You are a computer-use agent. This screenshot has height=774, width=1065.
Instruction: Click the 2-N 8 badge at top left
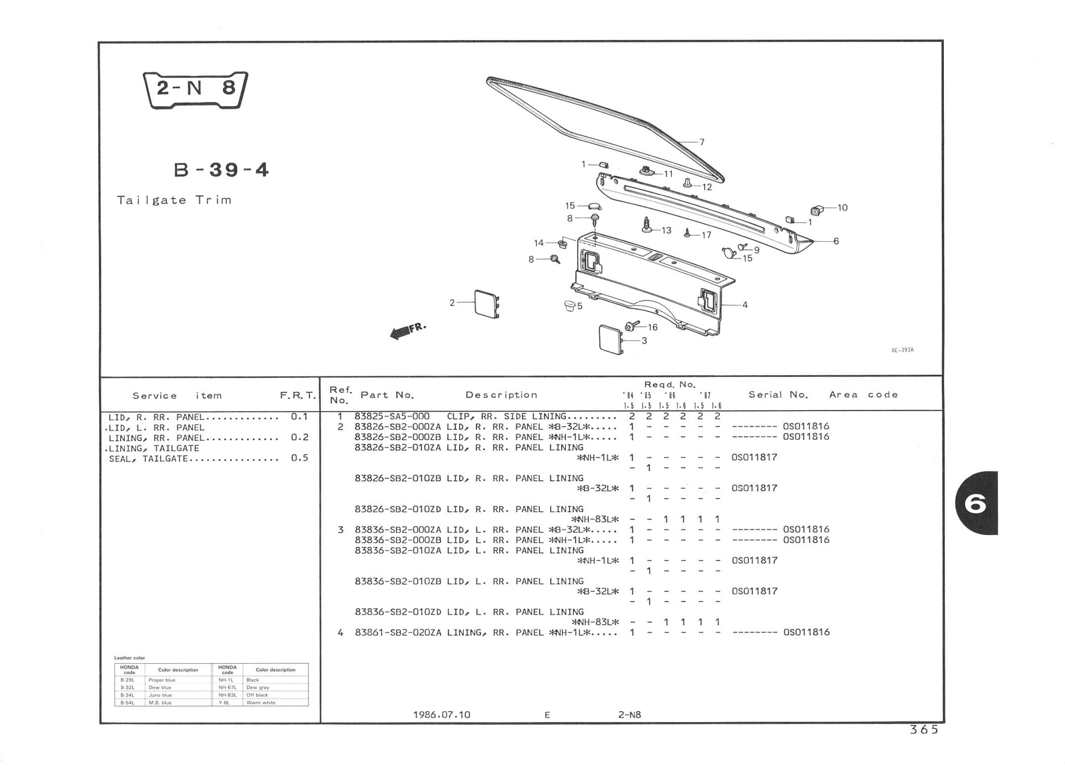(x=195, y=89)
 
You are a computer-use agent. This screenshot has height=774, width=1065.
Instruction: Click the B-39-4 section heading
(x=222, y=170)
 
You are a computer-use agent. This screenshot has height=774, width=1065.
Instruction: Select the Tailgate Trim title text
(x=174, y=200)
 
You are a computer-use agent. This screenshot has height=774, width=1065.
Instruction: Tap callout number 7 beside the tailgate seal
(x=702, y=142)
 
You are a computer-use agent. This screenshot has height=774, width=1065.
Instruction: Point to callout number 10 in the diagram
(x=842, y=208)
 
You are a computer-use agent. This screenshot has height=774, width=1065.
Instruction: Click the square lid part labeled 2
(x=487, y=303)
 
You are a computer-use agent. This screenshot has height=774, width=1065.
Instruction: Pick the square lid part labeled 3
(x=611, y=340)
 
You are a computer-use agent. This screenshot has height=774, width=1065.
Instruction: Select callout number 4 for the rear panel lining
(x=745, y=305)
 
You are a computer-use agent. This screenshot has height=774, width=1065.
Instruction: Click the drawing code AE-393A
(x=902, y=350)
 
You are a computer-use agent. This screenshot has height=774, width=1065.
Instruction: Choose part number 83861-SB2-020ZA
(x=398, y=633)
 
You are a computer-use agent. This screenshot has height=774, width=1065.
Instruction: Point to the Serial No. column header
(x=778, y=395)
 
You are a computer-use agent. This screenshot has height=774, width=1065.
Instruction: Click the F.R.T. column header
(x=297, y=396)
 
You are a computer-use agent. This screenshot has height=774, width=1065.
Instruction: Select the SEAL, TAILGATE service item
(x=148, y=458)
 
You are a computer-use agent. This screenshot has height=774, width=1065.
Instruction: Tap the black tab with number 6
(x=976, y=503)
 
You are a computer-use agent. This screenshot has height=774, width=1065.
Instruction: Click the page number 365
(x=924, y=730)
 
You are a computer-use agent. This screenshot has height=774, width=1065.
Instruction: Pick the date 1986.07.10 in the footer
(x=441, y=715)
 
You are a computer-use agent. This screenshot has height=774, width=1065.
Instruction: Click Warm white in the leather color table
(x=261, y=702)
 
